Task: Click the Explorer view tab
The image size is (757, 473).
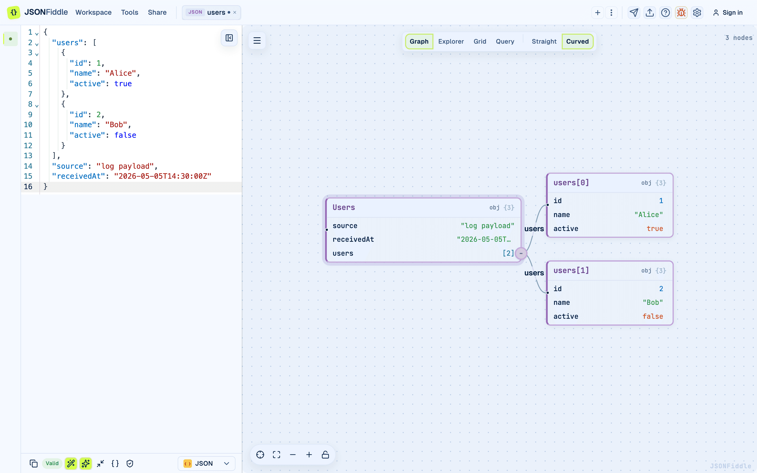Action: (x=451, y=41)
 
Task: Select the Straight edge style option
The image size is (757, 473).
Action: (x=544, y=41)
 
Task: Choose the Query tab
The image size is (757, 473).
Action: (x=505, y=41)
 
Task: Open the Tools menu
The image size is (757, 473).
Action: (x=130, y=13)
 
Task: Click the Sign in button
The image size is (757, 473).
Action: (x=728, y=13)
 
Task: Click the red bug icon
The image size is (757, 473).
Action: (x=681, y=13)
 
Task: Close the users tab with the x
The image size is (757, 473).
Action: (x=235, y=13)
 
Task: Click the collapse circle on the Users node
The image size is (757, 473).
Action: (x=521, y=253)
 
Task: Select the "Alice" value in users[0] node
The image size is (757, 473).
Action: (x=648, y=215)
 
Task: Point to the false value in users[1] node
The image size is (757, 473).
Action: (x=653, y=316)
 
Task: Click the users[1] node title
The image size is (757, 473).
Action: (x=571, y=270)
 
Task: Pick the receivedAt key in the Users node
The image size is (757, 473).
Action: (x=353, y=239)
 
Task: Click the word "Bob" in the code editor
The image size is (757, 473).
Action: (x=116, y=125)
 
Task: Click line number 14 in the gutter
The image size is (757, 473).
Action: (x=28, y=166)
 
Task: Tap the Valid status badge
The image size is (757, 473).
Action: (x=52, y=463)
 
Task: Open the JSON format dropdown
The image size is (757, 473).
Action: (x=206, y=463)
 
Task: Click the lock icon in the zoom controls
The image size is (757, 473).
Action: (x=325, y=455)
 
